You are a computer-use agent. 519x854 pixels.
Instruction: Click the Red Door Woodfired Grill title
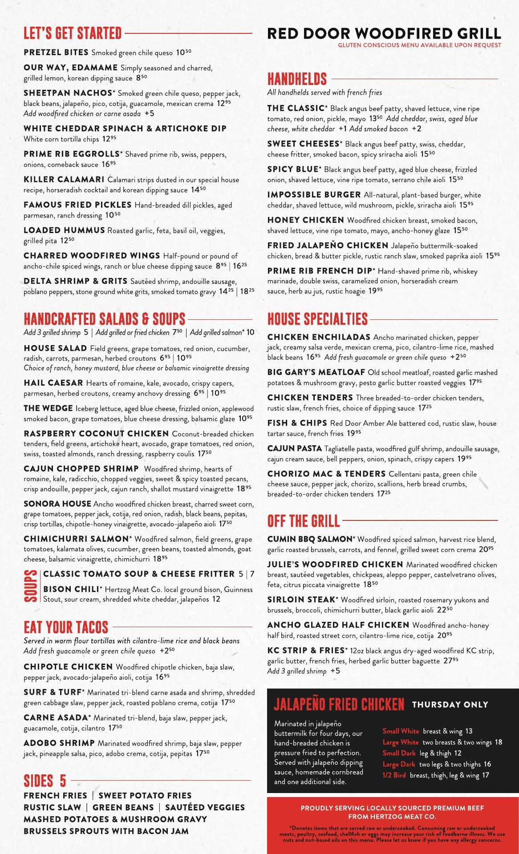pos(384,33)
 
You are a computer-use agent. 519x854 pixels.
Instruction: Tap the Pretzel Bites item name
pos(56,52)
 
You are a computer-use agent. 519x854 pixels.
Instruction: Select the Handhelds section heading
pos(297,79)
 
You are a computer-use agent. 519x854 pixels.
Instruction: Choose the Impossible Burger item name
pos(314,195)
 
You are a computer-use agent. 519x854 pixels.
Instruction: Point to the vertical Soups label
pos(31,586)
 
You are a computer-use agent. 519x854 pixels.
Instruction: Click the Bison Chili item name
pos(71,589)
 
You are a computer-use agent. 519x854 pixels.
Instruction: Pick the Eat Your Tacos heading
pos(66,627)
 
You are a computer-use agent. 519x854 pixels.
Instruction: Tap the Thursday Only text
pos(450,705)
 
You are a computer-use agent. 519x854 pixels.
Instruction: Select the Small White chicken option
pos(401,731)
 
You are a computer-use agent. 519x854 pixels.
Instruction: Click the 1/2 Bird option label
pos(394,775)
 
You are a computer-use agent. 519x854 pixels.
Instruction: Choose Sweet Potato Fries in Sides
pos(145,795)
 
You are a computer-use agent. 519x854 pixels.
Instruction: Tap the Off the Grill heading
pos(303,520)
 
